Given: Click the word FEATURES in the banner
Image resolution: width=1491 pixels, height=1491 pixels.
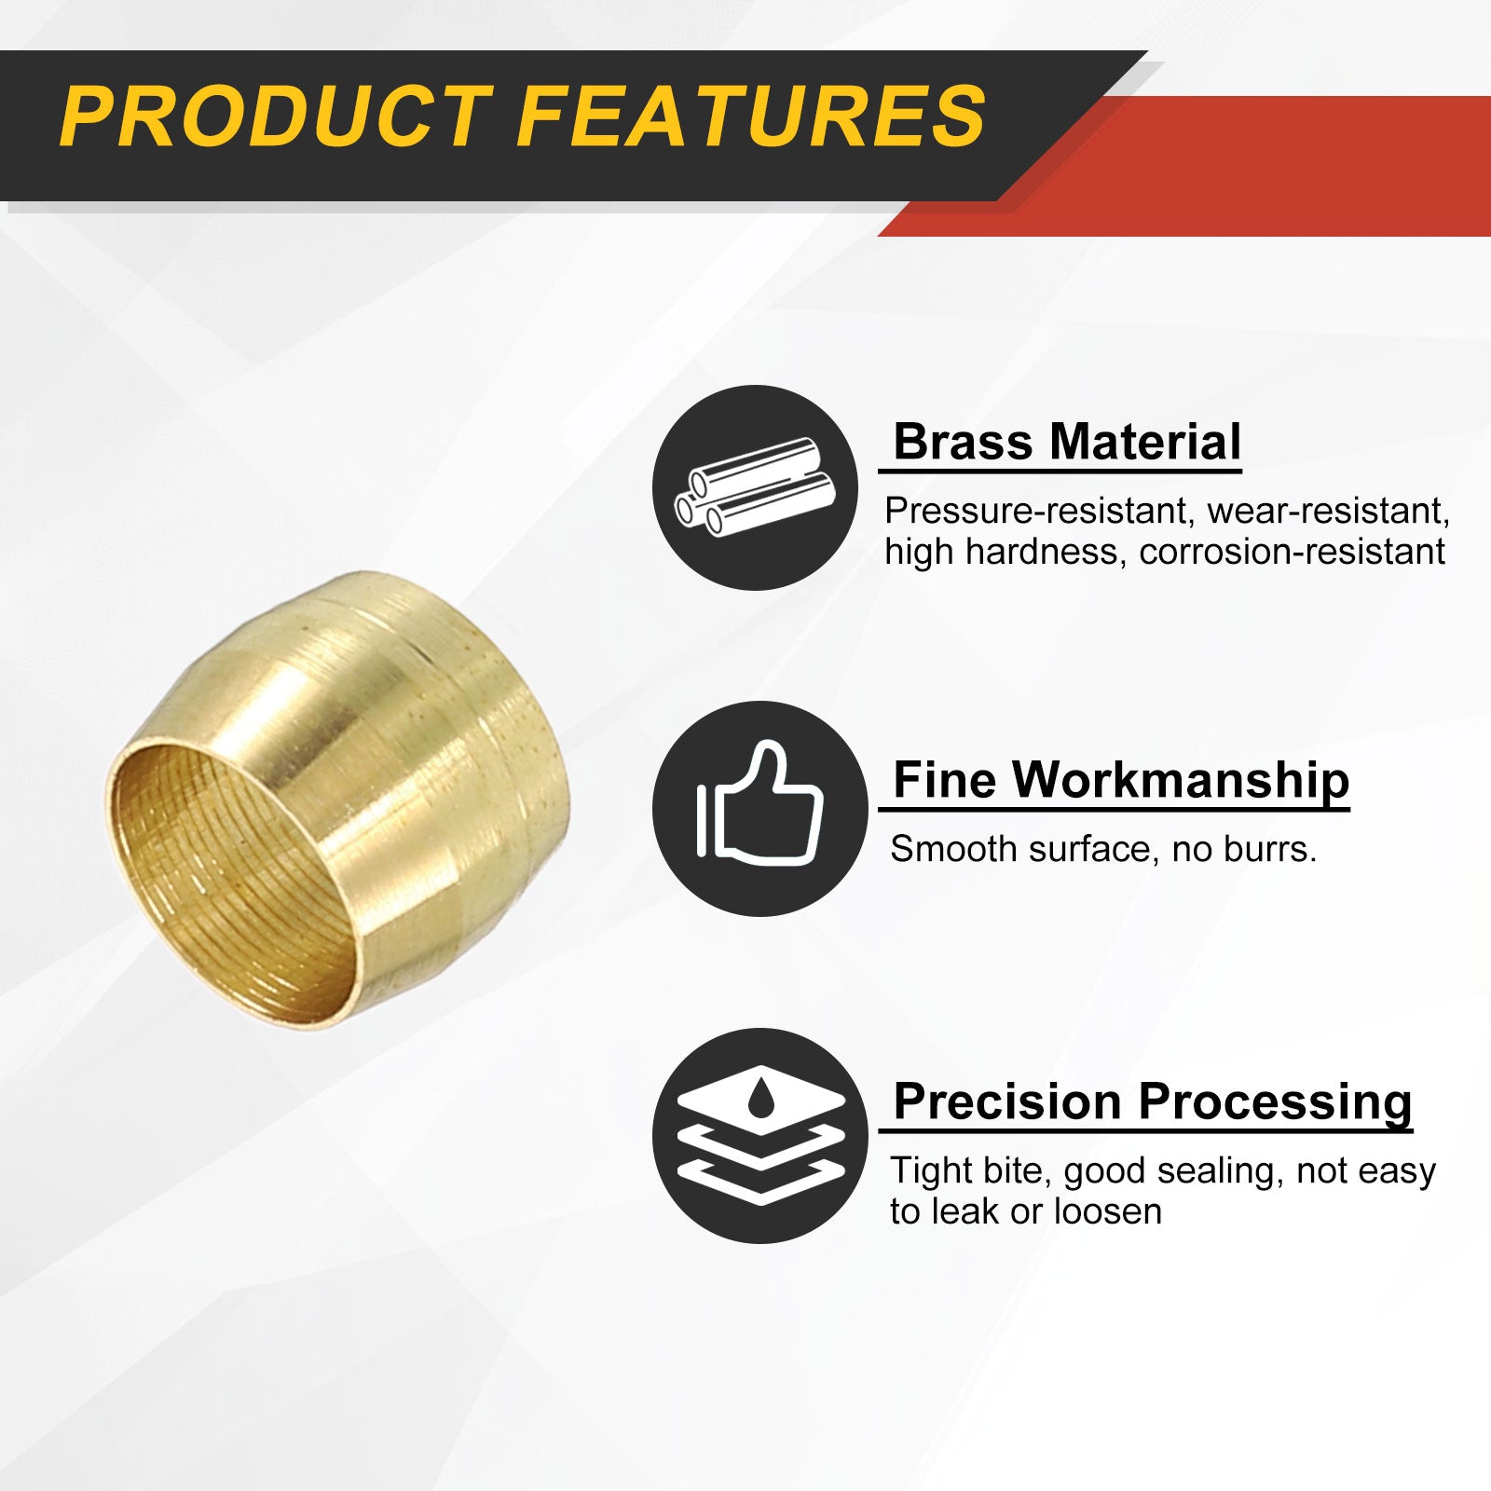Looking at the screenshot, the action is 751,116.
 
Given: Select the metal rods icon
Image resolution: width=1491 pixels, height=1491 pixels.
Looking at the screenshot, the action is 754,487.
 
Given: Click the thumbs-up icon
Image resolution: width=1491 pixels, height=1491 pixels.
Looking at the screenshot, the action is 759,803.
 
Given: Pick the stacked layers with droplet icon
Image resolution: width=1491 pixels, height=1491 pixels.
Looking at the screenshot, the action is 761,1135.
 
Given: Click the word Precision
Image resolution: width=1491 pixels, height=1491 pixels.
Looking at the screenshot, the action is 1007,1101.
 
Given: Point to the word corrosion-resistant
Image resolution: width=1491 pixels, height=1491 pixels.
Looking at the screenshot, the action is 1292,552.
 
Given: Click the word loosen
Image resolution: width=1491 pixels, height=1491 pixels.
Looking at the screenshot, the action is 1108,1211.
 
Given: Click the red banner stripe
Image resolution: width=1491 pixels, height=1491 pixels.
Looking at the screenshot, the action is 1211,166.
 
